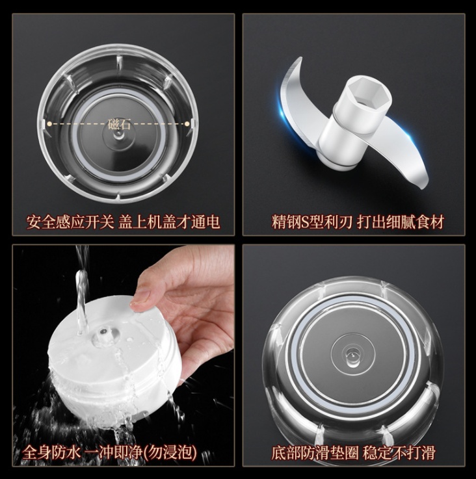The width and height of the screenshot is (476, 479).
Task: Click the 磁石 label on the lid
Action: tap(120, 124)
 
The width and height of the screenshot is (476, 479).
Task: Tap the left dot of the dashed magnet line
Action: tap(49, 123)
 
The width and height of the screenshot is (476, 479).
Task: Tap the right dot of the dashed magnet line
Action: tap(187, 123)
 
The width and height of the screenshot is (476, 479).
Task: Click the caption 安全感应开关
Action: tap(70, 222)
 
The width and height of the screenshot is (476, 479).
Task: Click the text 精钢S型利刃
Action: tap(312, 222)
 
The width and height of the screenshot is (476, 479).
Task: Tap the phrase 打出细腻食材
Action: tap(401, 222)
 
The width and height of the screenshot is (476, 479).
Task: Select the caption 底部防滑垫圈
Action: tap(315, 453)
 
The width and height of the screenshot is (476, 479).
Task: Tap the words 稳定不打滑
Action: tap(399, 453)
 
